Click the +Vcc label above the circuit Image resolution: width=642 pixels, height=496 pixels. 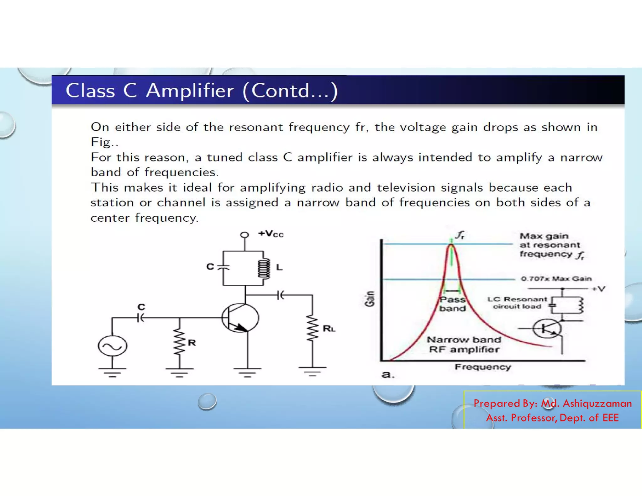coord(271,234)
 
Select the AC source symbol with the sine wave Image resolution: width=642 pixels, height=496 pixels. coord(113,346)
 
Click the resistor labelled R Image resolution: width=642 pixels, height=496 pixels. coord(179,342)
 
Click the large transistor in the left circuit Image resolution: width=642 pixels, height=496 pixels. coord(240,318)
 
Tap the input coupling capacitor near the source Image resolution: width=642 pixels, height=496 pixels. coord(141,318)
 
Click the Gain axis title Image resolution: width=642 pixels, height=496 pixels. coord(370,298)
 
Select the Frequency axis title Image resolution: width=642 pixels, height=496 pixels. coord(483,367)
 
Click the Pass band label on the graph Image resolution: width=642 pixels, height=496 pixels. coord(452,304)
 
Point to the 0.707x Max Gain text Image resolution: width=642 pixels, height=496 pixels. coord(556,278)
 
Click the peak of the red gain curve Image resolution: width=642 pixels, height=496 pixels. coord(451,245)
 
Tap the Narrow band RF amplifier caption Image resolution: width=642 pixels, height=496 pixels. coord(464,344)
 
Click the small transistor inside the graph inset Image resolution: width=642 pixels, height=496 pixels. coord(547,329)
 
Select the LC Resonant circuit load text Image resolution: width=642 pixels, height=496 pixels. coord(517,303)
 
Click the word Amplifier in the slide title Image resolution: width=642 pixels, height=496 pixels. coord(190,91)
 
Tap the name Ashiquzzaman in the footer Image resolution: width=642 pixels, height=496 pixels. coord(597,403)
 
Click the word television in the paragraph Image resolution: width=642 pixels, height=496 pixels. coord(406,187)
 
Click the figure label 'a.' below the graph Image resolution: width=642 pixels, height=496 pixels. coord(388,374)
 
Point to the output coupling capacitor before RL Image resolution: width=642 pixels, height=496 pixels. coord(281,295)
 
